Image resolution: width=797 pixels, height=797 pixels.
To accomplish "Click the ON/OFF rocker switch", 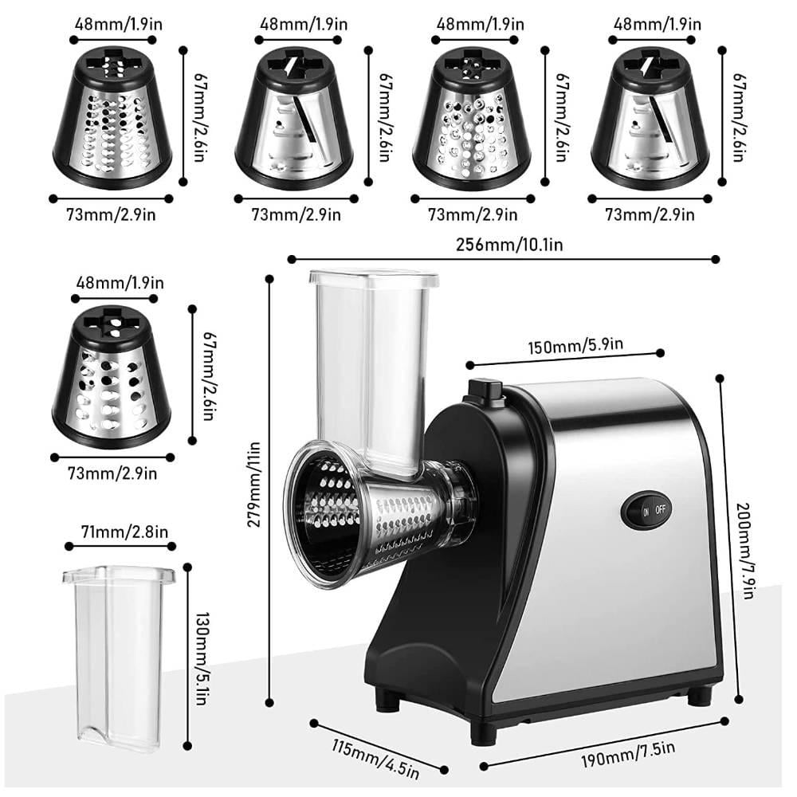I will pos(646,510).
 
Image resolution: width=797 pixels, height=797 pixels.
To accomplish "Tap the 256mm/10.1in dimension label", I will pos(503,245).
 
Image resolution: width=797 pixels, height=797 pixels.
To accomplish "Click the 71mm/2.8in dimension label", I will pos(119,532).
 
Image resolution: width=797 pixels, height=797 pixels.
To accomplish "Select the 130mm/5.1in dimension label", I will pos(204,654).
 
